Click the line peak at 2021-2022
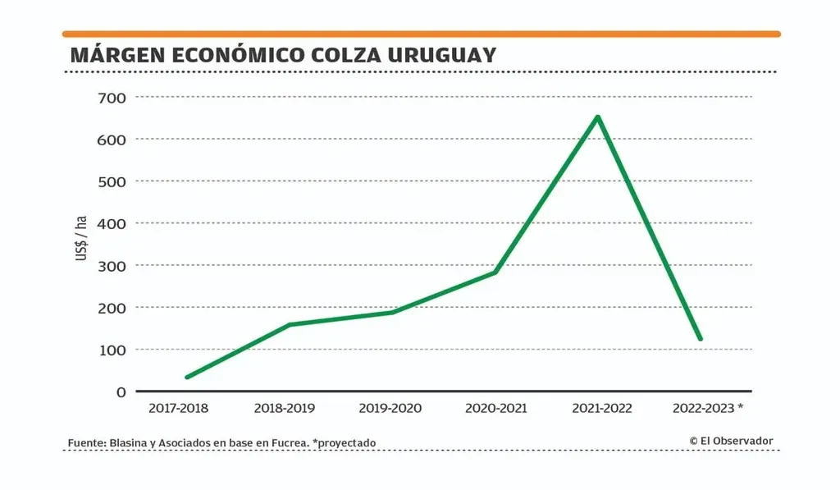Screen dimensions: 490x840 click(598, 117)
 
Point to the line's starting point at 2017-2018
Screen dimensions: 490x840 click(187, 377)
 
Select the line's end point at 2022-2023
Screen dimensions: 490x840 click(701, 338)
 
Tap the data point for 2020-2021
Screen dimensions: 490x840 click(495, 272)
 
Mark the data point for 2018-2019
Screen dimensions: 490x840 click(290, 324)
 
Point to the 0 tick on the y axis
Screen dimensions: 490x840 click(121, 392)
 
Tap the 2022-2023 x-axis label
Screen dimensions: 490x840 click(702, 408)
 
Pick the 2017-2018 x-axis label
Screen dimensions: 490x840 click(179, 408)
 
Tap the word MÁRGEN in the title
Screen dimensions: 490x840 click(116, 55)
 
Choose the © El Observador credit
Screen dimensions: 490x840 click(731, 441)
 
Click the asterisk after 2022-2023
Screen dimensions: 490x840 click(740, 406)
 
